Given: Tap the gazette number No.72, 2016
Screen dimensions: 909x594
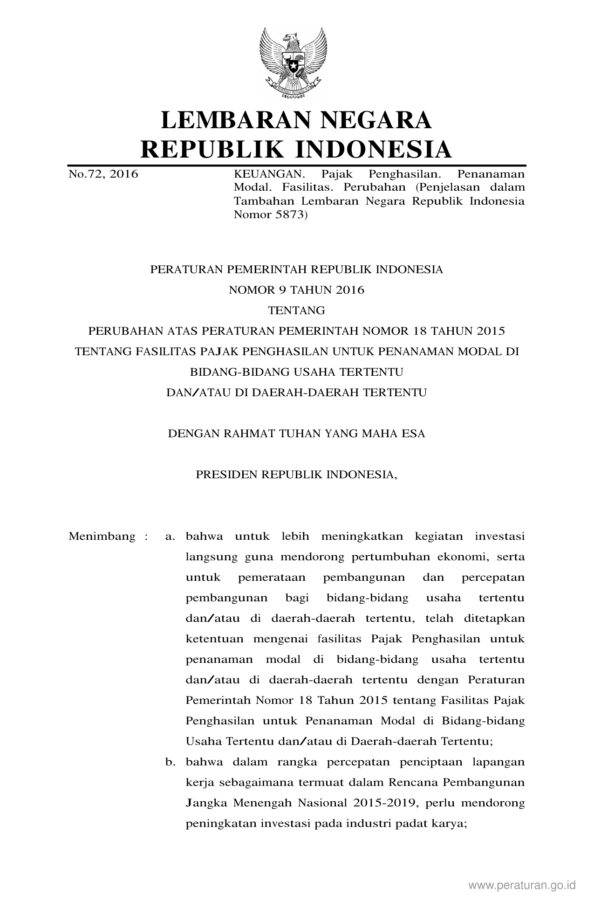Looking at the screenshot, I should [103, 174].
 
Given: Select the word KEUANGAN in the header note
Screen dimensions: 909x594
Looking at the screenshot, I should [269, 174].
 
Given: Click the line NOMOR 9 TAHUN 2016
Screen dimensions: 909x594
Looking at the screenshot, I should [296, 290].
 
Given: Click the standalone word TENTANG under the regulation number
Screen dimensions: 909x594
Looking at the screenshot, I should [296, 310].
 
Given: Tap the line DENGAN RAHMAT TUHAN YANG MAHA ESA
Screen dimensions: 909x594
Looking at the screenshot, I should [296, 434].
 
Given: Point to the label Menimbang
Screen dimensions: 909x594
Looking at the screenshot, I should [102, 536].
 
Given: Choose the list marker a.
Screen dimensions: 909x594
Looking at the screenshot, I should [170, 537].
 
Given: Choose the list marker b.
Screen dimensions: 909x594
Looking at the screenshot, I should [170, 762].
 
